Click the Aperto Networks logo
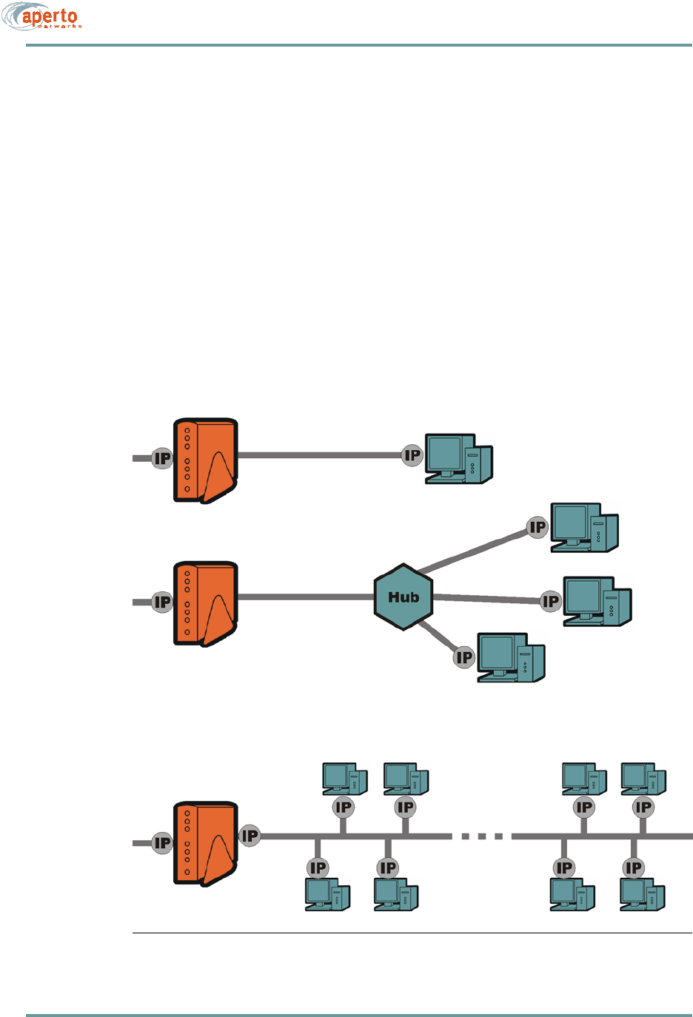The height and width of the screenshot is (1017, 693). (41, 18)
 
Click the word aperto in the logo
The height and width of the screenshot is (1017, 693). (50, 16)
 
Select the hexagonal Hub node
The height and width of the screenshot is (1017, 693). (404, 597)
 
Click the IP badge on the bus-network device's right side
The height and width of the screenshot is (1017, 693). (250, 836)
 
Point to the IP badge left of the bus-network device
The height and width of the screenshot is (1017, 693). (162, 842)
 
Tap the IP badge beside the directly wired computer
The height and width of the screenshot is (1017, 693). (412, 456)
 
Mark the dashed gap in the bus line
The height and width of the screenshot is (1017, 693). (482, 836)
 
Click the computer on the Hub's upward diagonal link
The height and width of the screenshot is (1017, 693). (584, 528)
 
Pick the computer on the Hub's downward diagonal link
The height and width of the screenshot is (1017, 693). (511, 657)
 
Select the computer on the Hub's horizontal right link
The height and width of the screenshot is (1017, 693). (597, 602)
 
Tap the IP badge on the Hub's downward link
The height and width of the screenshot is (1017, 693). (464, 657)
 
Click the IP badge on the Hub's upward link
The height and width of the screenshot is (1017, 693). (538, 528)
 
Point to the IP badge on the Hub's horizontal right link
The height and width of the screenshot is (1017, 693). (551, 602)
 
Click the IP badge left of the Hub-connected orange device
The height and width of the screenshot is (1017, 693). (162, 603)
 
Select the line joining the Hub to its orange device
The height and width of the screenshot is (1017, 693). (306, 597)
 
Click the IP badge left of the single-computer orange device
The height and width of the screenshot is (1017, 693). (162, 459)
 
